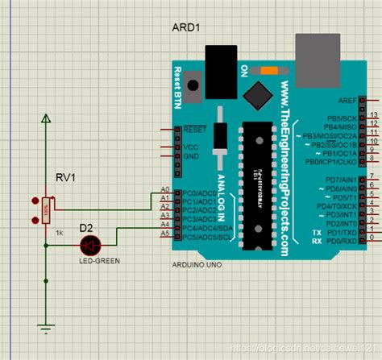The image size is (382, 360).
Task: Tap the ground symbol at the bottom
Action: (x=47, y=326)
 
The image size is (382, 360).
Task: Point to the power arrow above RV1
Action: (x=47, y=120)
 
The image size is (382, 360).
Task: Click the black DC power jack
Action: (x=218, y=60)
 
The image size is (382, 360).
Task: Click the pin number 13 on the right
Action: (x=372, y=116)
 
